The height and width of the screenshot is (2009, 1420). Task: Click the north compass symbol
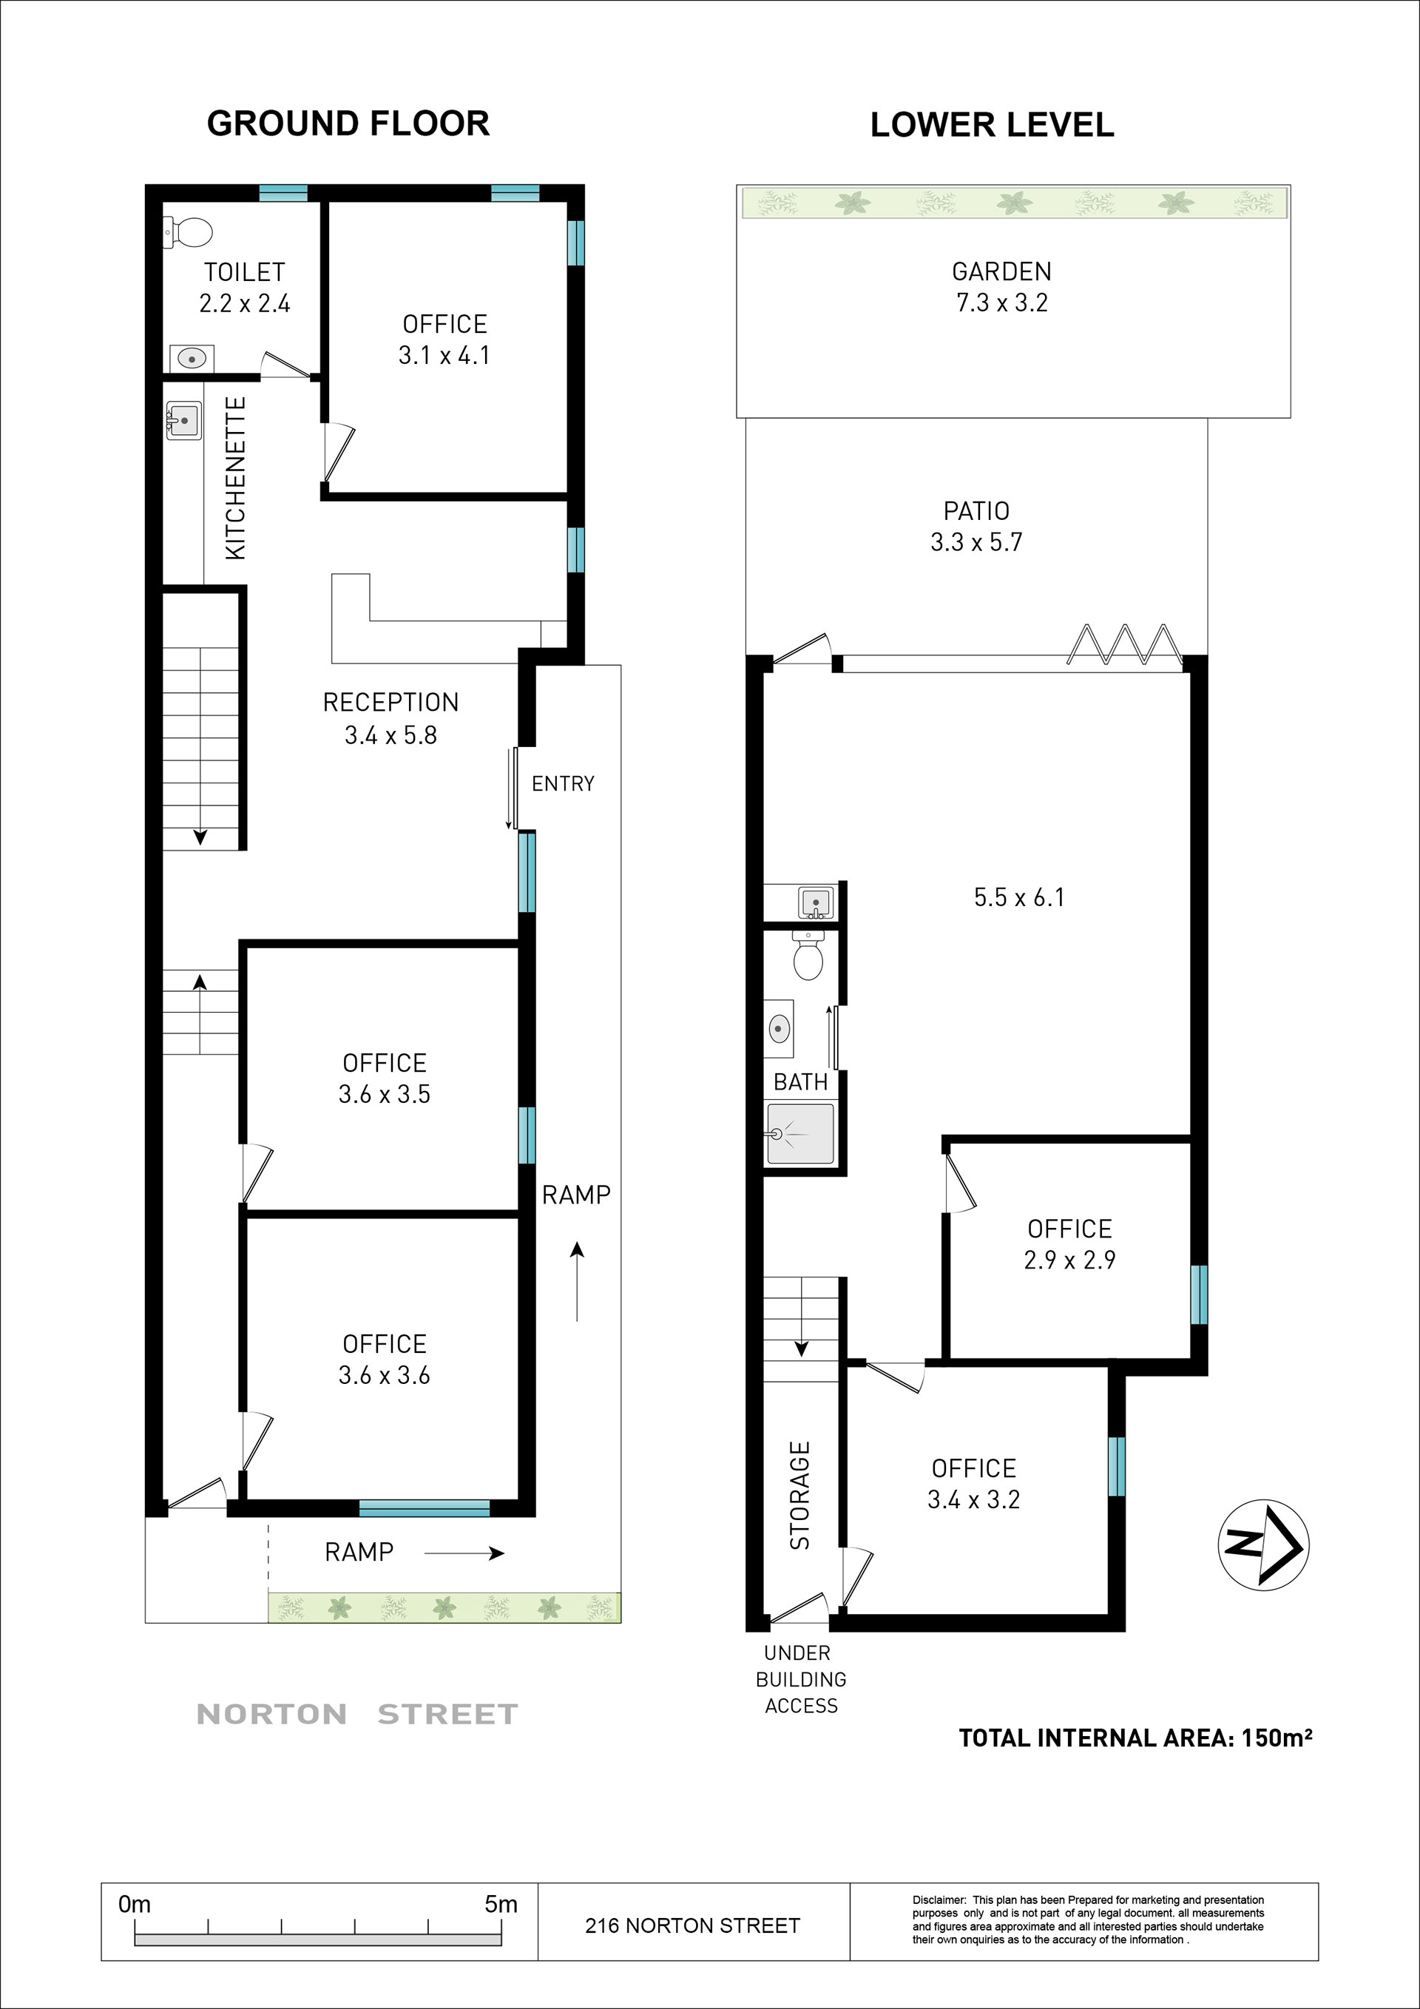1263,1545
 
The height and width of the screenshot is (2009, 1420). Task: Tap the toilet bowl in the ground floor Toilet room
189,233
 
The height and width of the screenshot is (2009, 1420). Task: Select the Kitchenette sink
183,420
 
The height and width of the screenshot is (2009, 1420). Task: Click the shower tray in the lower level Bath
800,1134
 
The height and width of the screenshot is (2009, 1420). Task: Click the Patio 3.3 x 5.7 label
976,526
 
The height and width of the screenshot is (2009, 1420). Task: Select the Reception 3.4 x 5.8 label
391,718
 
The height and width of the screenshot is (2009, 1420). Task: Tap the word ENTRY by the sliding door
564,783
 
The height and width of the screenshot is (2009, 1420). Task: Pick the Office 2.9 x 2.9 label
1070,1244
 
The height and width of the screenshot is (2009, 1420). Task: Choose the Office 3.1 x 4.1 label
444,340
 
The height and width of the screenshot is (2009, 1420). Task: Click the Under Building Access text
800,1679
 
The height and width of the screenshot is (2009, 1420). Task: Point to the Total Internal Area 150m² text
1135,1738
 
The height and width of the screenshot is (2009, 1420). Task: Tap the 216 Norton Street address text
692,1926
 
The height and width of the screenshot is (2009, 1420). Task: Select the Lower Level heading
993,124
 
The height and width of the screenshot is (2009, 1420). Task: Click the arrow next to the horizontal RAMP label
464,1553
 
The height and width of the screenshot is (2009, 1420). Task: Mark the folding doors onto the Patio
1124,645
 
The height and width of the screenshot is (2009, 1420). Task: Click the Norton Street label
357,1714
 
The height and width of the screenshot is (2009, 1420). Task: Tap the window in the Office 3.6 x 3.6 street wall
425,1507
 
